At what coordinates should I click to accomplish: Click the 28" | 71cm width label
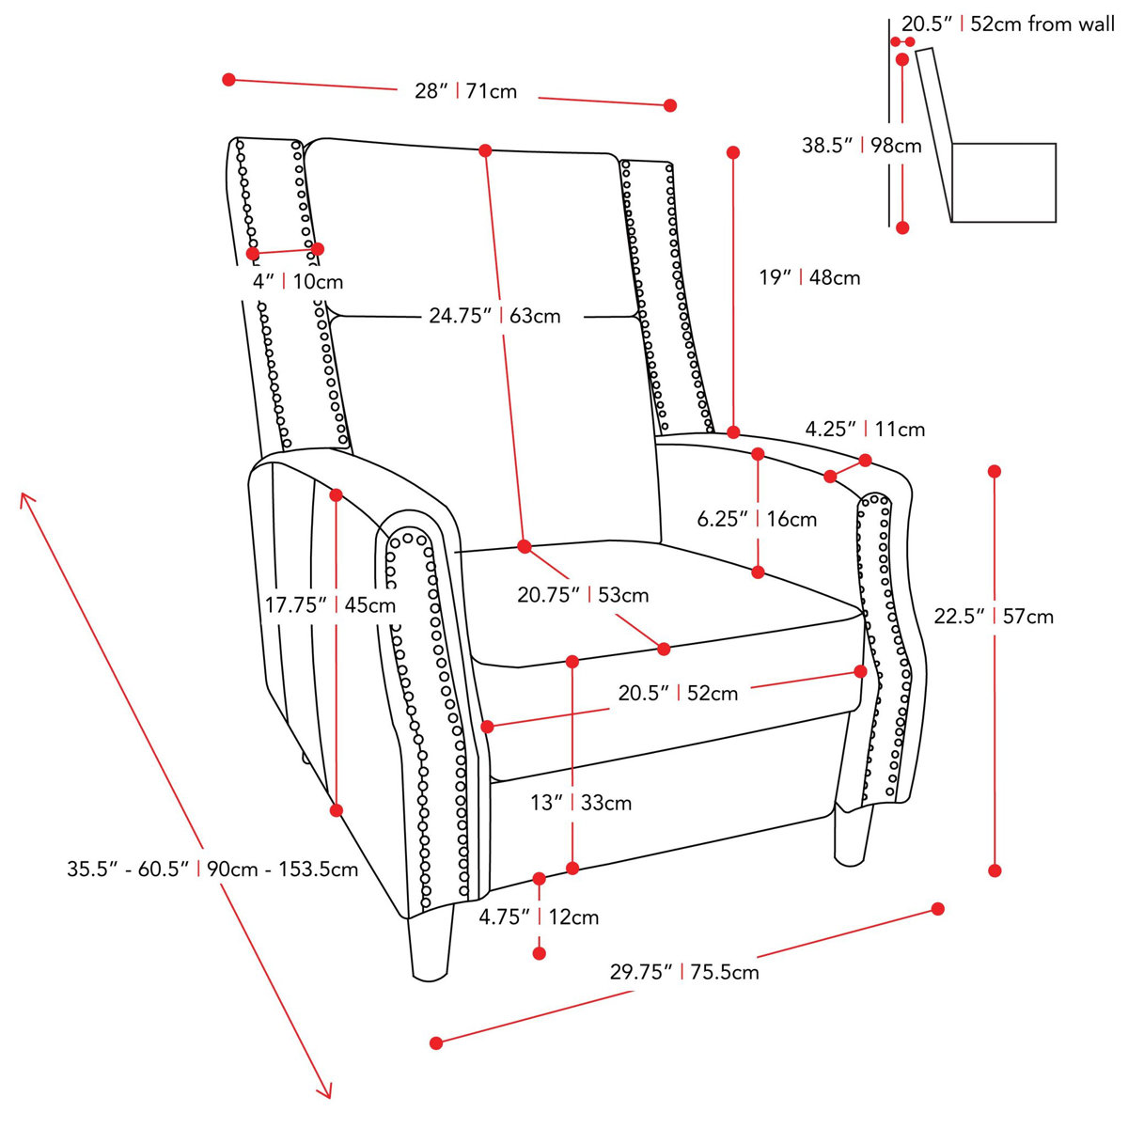coord(465,91)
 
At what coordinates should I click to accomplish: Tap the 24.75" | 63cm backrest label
coord(494,316)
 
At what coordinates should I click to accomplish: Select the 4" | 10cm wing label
coord(298,281)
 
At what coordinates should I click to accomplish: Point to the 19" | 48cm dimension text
coord(809,277)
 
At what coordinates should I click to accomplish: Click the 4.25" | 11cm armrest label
coord(865,430)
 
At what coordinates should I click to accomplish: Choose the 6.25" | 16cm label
coord(757,519)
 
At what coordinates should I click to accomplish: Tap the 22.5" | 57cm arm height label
coord(994,617)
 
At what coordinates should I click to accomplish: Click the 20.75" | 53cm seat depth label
coord(583,595)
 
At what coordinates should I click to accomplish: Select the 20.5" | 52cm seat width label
coord(678,694)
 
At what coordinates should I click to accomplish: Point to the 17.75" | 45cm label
coord(330,605)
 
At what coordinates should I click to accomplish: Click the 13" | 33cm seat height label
coord(580,803)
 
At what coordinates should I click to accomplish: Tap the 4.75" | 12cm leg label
coord(539,916)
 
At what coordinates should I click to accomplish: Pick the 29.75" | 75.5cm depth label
coord(684,972)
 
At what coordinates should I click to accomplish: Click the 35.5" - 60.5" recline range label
coord(212,869)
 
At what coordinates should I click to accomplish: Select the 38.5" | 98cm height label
coord(861,146)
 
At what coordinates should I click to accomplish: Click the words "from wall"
coord(1071,24)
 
